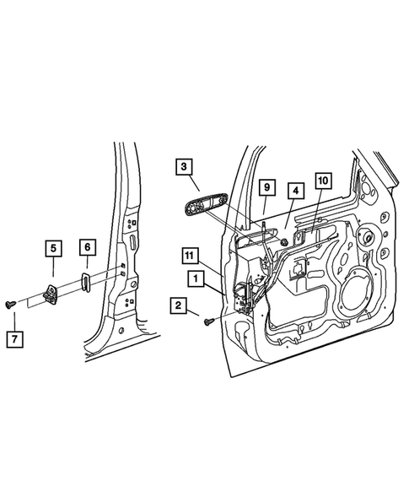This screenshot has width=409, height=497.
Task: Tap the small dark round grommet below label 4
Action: [285, 242]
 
